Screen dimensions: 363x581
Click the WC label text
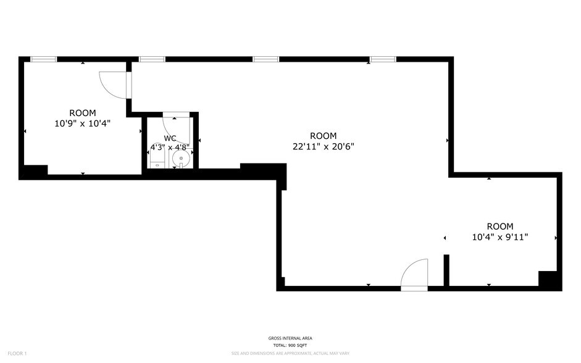click(170, 138)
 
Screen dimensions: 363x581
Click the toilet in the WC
click(157, 162)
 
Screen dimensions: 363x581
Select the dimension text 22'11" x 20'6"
click(323, 146)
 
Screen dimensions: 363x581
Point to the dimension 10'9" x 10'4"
click(82, 123)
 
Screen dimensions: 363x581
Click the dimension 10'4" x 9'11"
click(499, 236)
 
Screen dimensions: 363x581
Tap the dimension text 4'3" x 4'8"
click(170, 148)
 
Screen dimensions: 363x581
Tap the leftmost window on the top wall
click(43, 59)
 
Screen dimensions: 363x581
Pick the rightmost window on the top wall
click(382, 59)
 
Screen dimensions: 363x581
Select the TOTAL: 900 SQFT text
click(290, 345)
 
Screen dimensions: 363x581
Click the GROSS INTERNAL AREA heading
click(290, 338)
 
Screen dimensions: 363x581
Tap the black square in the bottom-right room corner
click(549, 280)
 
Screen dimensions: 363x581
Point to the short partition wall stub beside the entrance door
click(446, 270)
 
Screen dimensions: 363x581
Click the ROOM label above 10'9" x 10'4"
click(82, 113)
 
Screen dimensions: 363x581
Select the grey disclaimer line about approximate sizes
click(290, 354)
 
